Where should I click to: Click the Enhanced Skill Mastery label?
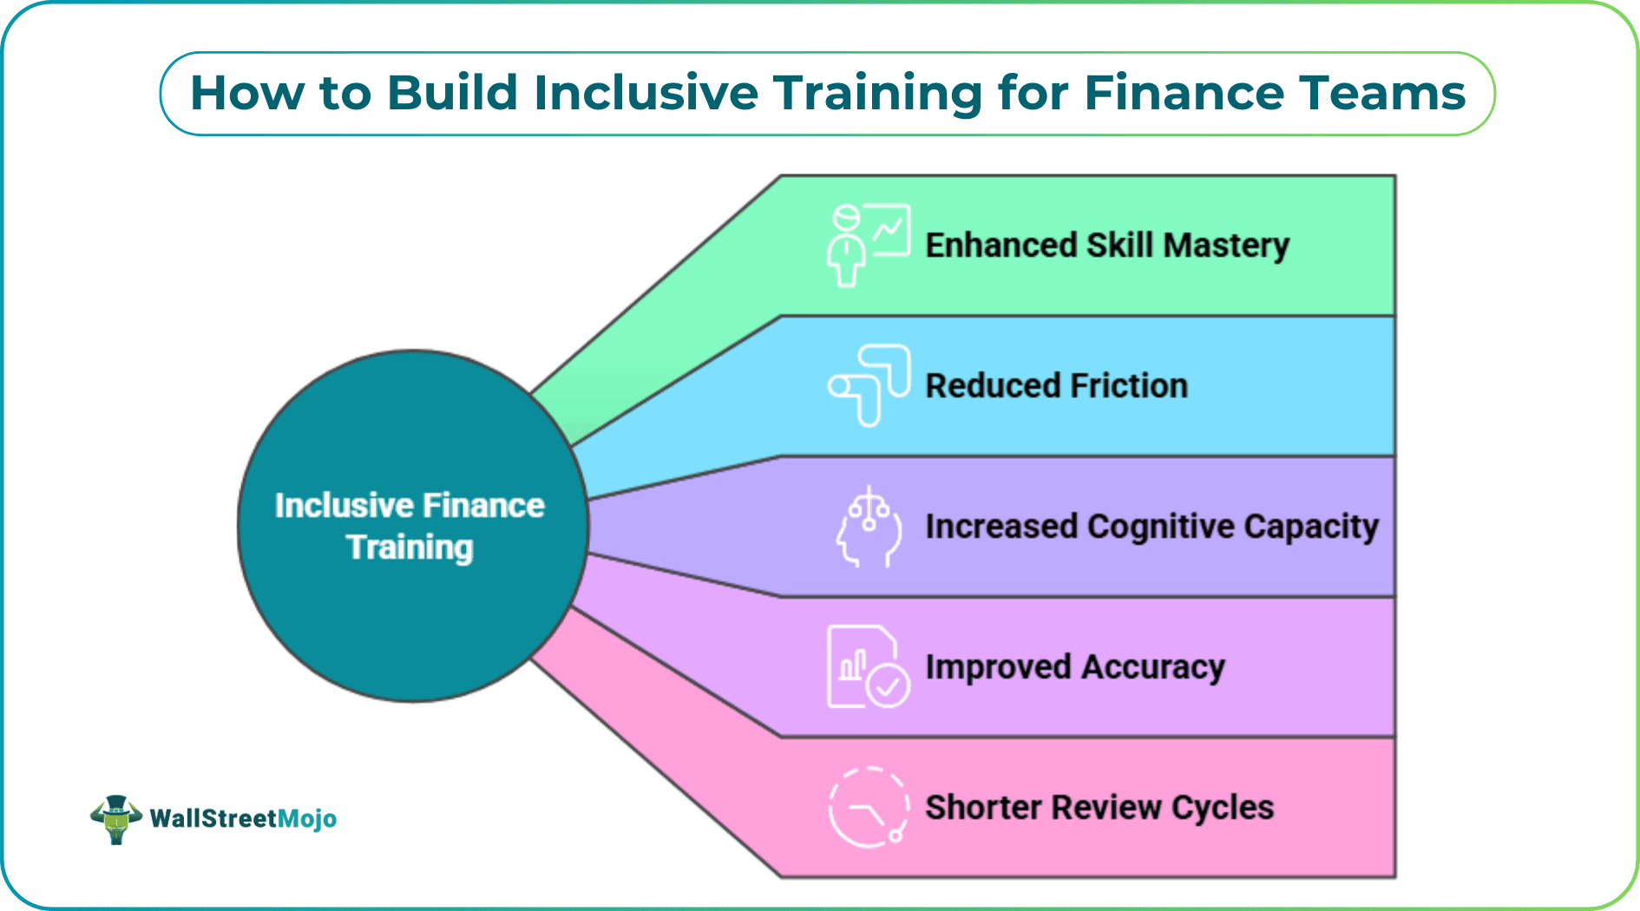(1107, 246)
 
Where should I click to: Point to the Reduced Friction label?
(1056, 386)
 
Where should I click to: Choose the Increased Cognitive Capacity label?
(1151, 527)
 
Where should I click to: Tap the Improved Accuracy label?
(1075, 667)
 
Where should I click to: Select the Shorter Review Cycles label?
(1099, 808)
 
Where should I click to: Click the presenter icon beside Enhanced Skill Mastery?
(868, 245)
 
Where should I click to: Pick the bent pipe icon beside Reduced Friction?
(868, 385)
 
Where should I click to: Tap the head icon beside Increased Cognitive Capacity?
(868, 527)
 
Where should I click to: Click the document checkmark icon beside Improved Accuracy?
(868, 667)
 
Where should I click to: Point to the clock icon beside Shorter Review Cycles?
(868, 808)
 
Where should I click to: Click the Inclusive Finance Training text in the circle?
(410, 527)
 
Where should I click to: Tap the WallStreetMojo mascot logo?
(116, 818)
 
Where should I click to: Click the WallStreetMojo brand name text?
(243, 818)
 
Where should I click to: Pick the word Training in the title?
(877, 93)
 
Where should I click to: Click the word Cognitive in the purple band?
(1160, 527)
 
